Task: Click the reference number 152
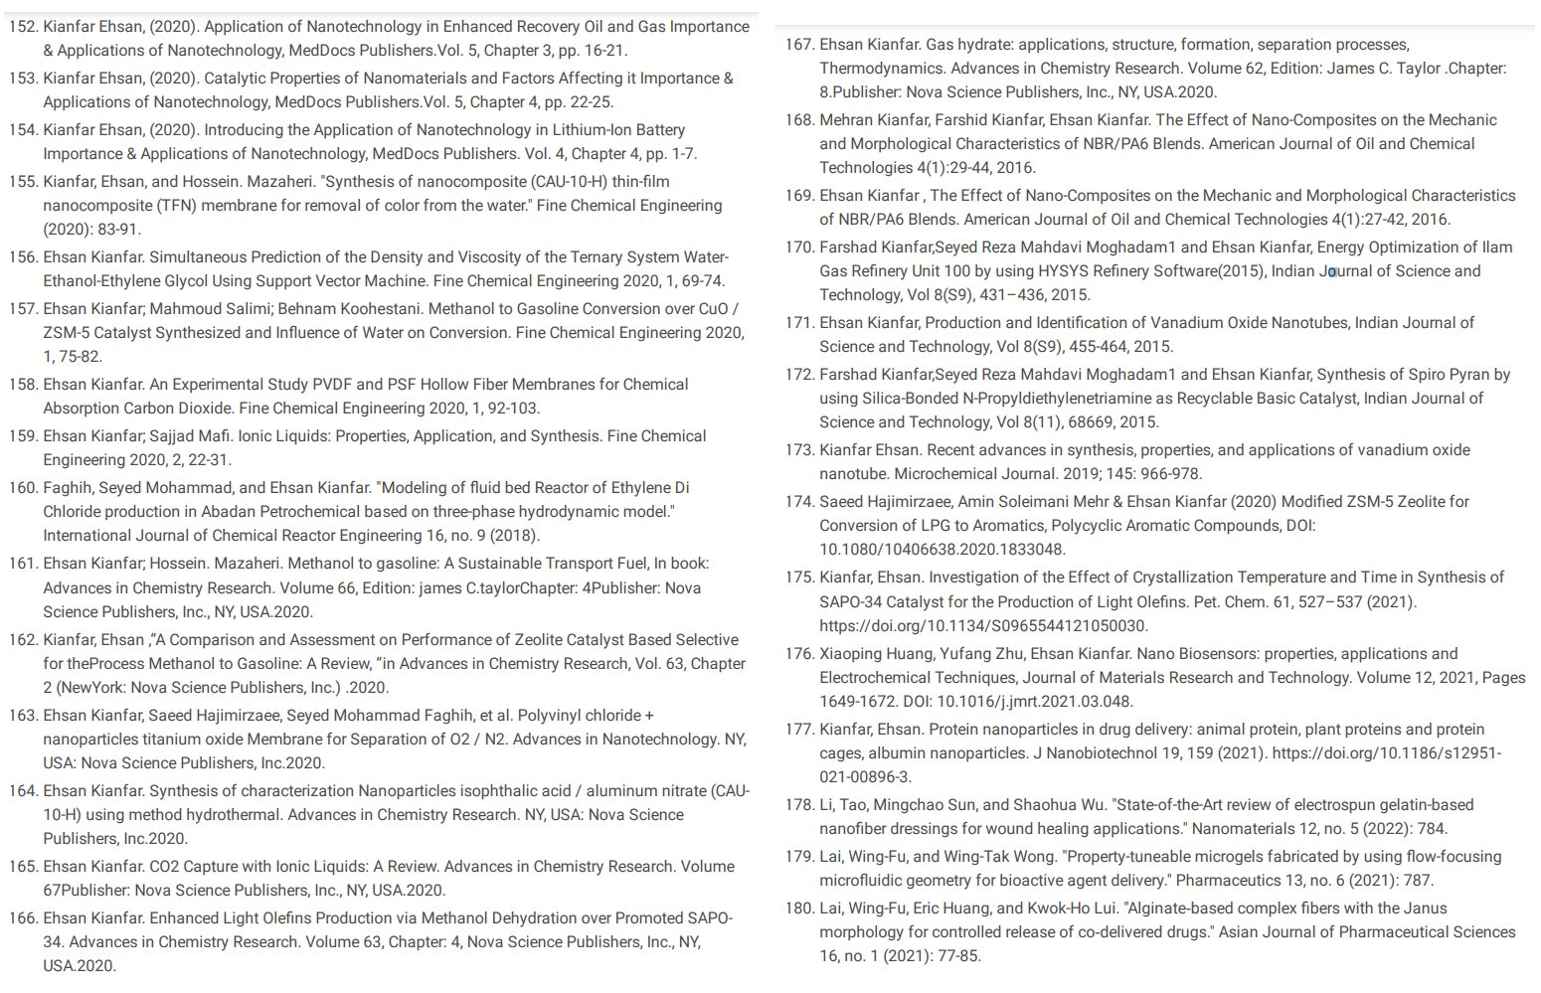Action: (22, 27)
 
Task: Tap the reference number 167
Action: (799, 45)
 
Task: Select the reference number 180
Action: (799, 909)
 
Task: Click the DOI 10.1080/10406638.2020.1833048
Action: (942, 550)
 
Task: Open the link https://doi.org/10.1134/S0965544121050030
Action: (983, 626)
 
